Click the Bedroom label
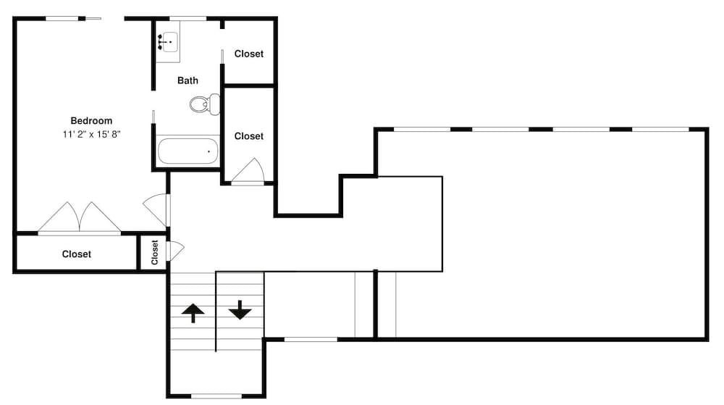pyautogui.click(x=91, y=120)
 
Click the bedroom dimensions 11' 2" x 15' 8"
pyautogui.click(x=91, y=134)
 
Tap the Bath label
pyautogui.click(x=188, y=80)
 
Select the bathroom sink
pyautogui.click(x=168, y=41)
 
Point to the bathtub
pyautogui.click(x=188, y=151)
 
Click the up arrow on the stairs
pyautogui.click(x=192, y=313)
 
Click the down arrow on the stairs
pyautogui.click(x=240, y=310)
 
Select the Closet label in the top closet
pyautogui.click(x=249, y=54)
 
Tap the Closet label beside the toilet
pyautogui.click(x=249, y=136)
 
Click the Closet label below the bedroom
pyautogui.click(x=77, y=254)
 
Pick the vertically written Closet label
pyautogui.click(x=155, y=253)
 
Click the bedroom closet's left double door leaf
pyautogui.click(x=59, y=218)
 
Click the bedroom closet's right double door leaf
pyautogui.click(x=98, y=218)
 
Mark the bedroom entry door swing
pyautogui.click(x=157, y=209)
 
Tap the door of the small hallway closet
pyautogui.click(x=174, y=250)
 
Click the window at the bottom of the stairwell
pyautogui.click(x=216, y=396)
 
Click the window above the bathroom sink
pyautogui.click(x=188, y=18)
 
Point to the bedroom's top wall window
pyautogui.click(x=63, y=18)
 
